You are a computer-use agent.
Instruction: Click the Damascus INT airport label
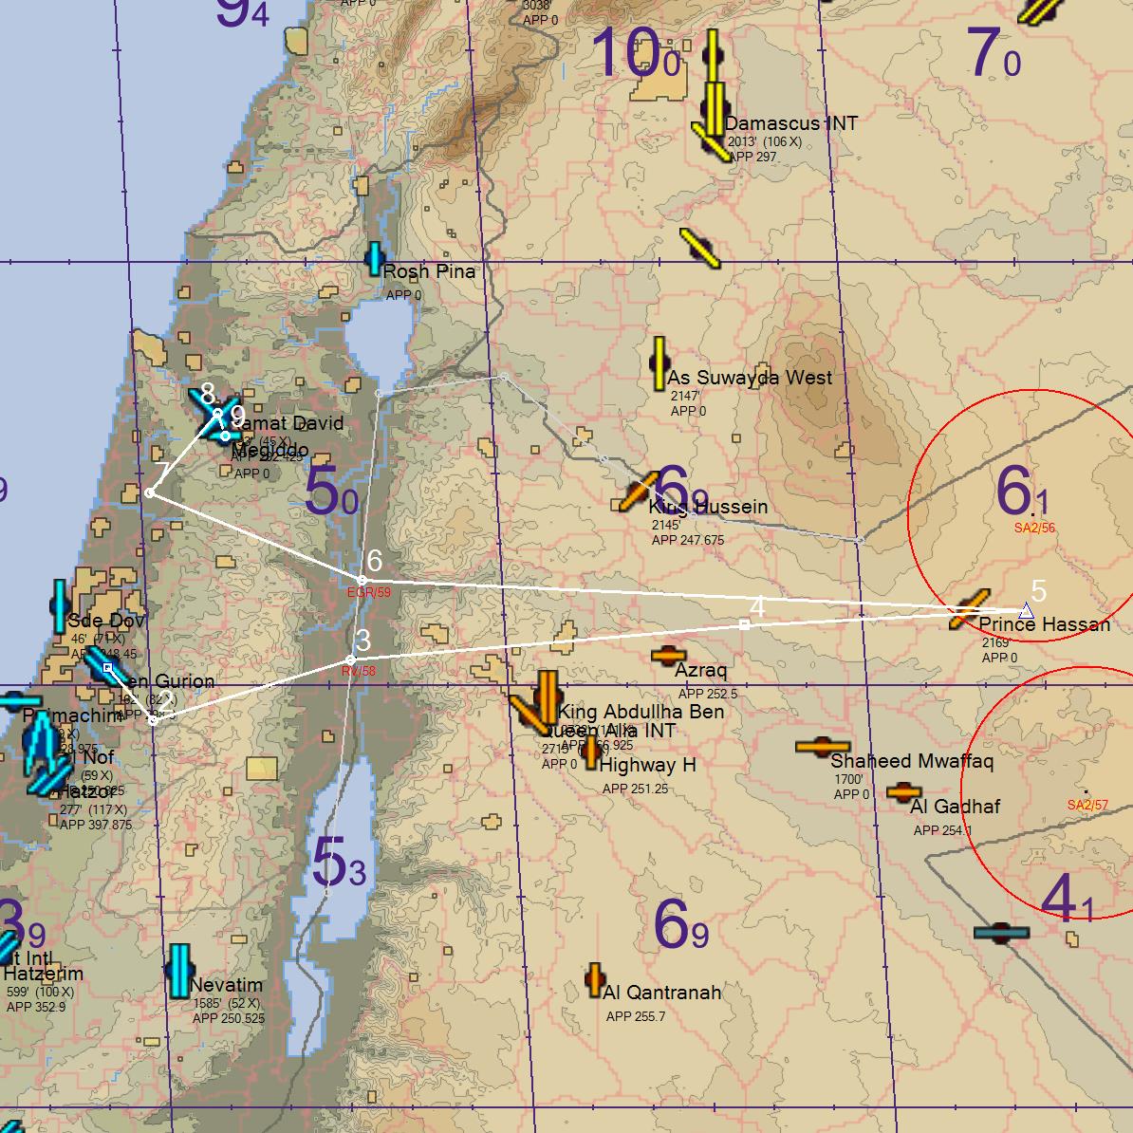click(790, 123)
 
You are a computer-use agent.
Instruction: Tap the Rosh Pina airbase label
click(429, 271)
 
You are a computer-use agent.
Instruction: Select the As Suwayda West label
click(750, 377)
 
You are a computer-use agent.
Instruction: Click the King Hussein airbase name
click(709, 507)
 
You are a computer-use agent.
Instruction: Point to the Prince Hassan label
click(1044, 624)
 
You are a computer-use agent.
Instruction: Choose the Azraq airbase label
click(701, 670)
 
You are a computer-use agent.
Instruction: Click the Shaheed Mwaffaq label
click(912, 761)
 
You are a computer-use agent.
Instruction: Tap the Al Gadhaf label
click(955, 807)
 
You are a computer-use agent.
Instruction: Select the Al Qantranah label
click(661, 993)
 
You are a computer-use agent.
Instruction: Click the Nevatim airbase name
click(226, 985)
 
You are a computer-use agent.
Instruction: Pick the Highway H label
click(648, 765)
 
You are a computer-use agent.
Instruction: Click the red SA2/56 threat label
click(1034, 528)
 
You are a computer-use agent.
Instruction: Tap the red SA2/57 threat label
click(1087, 806)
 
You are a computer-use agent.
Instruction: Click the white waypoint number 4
click(756, 606)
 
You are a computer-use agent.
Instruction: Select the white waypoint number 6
click(374, 560)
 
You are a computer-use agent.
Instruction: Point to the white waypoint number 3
click(362, 641)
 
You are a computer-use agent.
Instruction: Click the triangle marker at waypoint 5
click(1026, 611)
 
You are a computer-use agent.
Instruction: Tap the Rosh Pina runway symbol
click(375, 258)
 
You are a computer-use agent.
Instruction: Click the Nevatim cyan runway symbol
click(179, 970)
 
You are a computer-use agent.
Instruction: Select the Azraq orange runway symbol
click(668, 655)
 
